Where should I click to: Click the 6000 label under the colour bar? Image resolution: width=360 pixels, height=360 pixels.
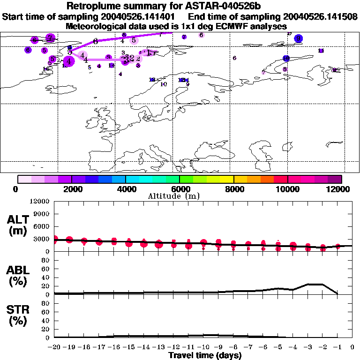pos(179,189)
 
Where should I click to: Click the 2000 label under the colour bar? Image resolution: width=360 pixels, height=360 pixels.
pos(71,189)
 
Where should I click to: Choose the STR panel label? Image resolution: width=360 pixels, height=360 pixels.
pos(18,315)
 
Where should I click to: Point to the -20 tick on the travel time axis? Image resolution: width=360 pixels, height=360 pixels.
pos(54,347)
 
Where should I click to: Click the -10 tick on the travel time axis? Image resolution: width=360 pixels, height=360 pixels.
pos(203,347)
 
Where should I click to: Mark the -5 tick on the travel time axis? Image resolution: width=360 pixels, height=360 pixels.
pos(278,347)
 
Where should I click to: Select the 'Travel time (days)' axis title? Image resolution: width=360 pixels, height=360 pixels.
pos(205,355)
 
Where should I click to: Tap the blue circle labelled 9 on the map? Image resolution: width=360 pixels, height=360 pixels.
pos(298,38)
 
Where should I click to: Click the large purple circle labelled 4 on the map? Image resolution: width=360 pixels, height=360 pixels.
pos(69,60)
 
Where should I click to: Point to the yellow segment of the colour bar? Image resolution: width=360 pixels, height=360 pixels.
pos(227,179)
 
